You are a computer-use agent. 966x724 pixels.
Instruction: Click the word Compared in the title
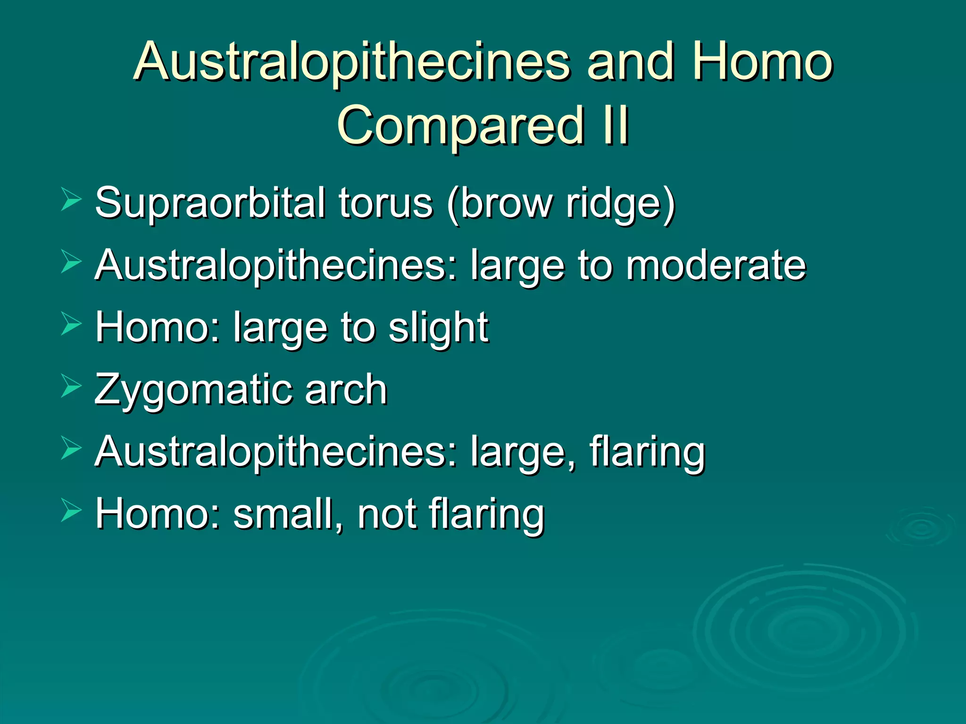460,125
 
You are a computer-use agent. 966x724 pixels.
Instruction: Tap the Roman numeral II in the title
616,125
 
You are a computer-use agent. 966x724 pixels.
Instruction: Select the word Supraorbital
210,204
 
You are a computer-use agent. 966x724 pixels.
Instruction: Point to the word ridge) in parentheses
621,204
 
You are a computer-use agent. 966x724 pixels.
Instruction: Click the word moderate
716,265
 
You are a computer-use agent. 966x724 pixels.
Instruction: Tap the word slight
438,328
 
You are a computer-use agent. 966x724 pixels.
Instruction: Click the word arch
346,389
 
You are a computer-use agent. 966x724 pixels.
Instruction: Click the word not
386,513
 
